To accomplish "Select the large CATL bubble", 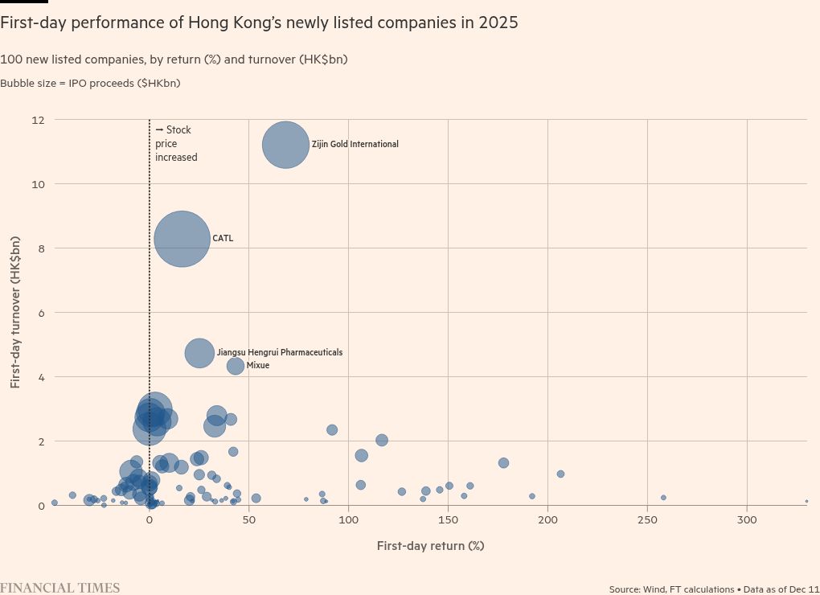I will pyautogui.click(x=182, y=239).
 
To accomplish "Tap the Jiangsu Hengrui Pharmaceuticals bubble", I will pyautogui.click(x=199, y=352).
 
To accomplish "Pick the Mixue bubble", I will pyautogui.click(x=236, y=366).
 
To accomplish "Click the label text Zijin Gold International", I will pyautogui.click(x=355, y=145).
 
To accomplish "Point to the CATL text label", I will pyautogui.click(x=223, y=239).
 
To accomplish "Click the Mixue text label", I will pyautogui.click(x=258, y=366).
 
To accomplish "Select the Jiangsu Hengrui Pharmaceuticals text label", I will pyautogui.click(x=280, y=353).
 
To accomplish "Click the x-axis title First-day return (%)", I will pyautogui.click(x=430, y=546).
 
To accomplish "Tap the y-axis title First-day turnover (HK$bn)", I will pyautogui.click(x=15, y=312).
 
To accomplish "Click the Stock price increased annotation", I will pyautogui.click(x=176, y=144).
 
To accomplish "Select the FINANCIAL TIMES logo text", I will pyautogui.click(x=60, y=588).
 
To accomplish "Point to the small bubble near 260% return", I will pyautogui.click(x=663, y=498).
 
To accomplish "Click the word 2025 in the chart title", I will pyautogui.click(x=498, y=23).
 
